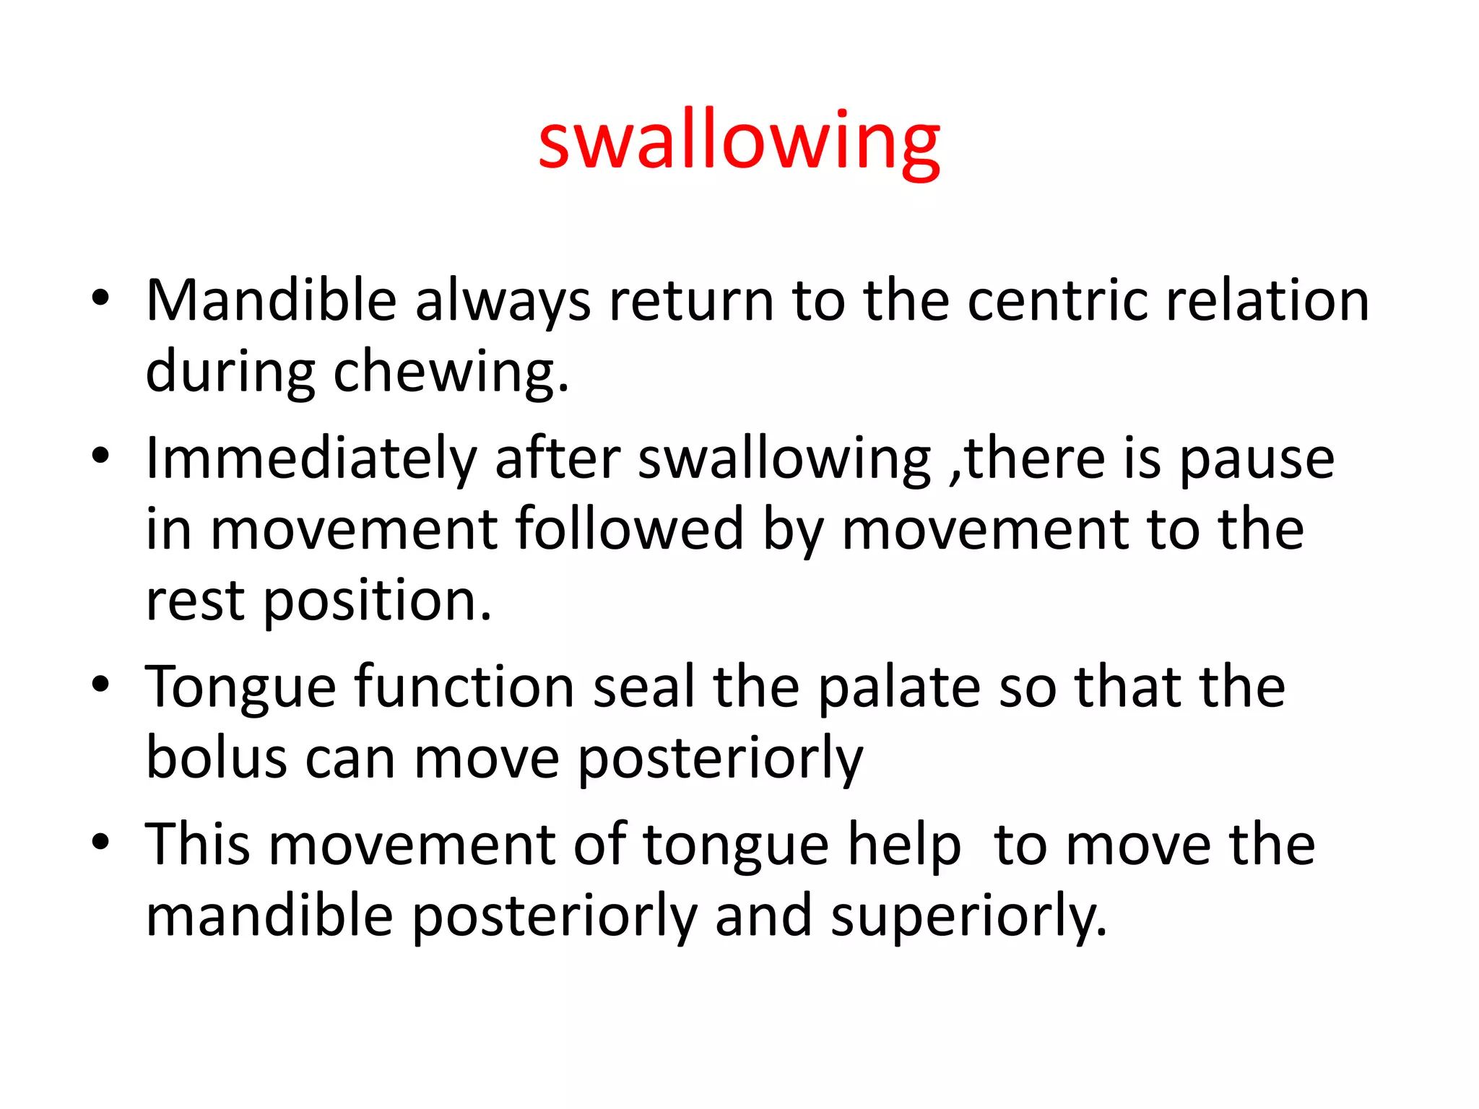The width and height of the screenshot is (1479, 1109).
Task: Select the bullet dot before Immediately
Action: click(x=100, y=456)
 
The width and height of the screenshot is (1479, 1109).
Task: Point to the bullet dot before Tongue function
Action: click(x=100, y=684)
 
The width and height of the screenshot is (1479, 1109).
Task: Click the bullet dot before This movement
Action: click(x=100, y=841)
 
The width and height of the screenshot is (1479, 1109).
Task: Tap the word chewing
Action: click(x=451, y=373)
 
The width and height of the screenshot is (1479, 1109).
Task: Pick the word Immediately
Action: click(x=311, y=459)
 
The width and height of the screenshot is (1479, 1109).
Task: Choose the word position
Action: click(x=376, y=601)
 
